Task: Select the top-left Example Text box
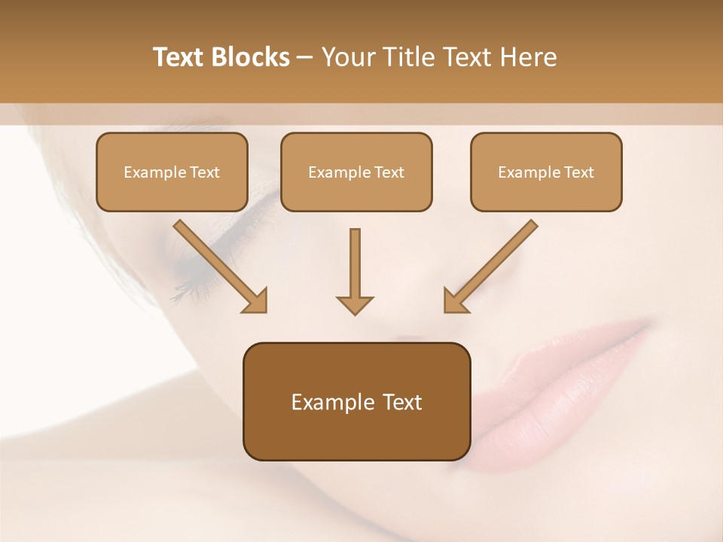click(x=172, y=172)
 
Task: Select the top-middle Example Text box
click(x=356, y=172)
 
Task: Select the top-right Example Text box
click(x=546, y=172)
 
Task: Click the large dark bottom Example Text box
click(x=356, y=401)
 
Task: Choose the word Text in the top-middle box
click(x=389, y=172)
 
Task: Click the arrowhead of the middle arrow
click(x=355, y=304)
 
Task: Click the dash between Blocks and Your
click(x=305, y=58)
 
